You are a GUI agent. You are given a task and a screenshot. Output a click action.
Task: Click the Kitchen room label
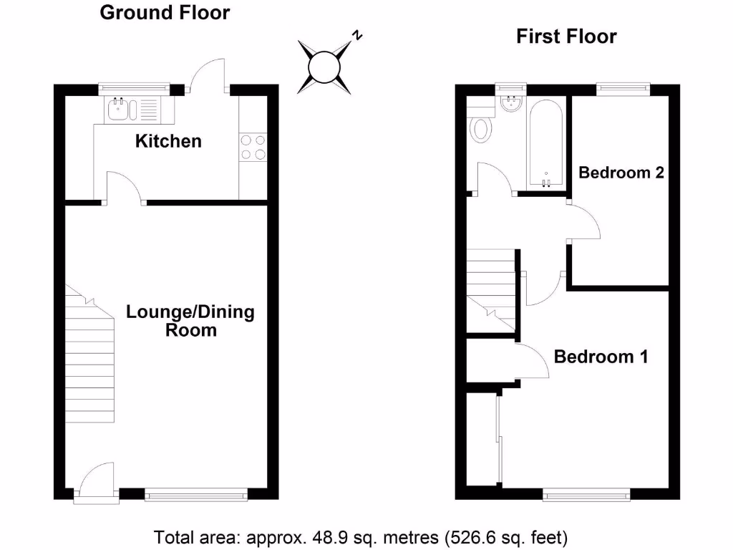click(x=169, y=141)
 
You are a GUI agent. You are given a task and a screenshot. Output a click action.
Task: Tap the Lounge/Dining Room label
click(x=190, y=322)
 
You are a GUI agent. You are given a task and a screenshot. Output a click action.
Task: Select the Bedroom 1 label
click(x=601, y=357)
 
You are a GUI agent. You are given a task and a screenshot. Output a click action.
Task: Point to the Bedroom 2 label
click(x=621, y=173)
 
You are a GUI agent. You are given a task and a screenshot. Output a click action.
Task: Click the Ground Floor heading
click(x=165, y=12)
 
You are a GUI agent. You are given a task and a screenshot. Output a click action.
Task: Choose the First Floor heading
click(x=566, y=37)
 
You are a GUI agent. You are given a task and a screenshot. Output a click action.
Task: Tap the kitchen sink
click(x=118, y=110)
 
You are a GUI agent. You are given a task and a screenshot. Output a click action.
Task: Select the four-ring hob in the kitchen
click(x=253, y=148)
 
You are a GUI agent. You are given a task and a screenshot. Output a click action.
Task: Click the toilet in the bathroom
click(x=482, y=129)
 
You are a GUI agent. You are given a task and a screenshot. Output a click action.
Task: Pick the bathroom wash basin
click(x=511, y=105)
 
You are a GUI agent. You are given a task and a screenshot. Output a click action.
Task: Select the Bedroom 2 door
click(x=584, y=223)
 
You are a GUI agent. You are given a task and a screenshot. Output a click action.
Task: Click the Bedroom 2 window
click(x=623, y=89)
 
